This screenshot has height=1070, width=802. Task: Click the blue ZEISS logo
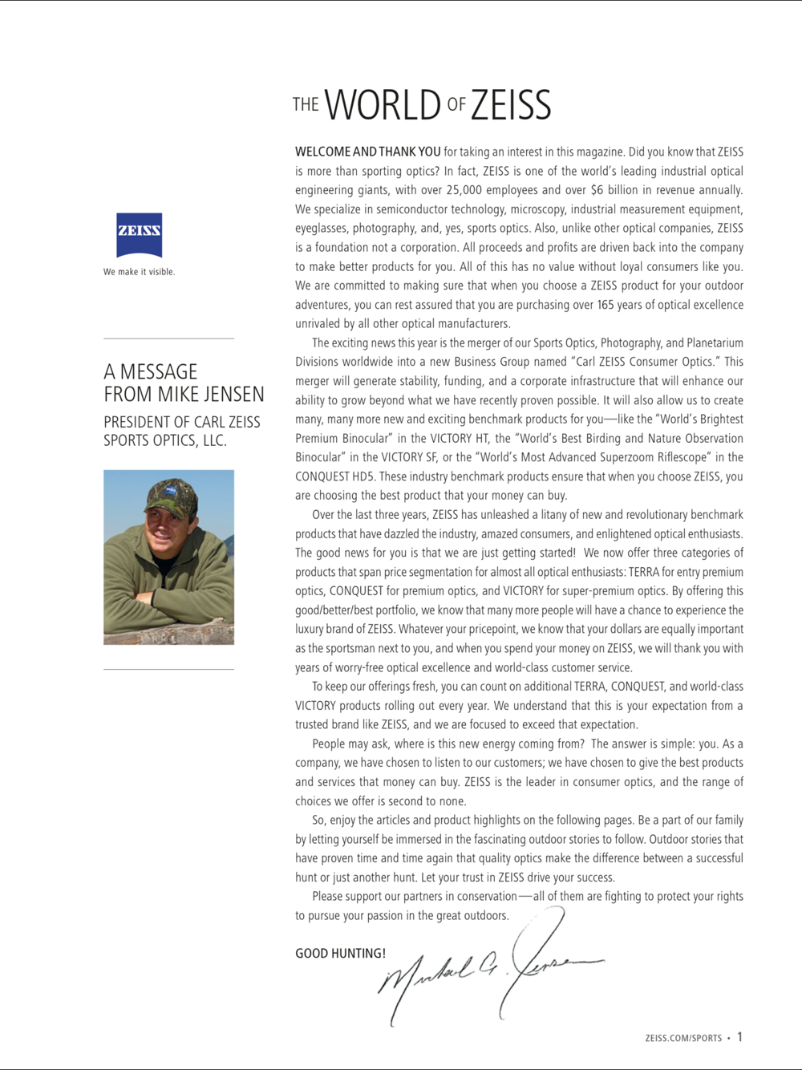tap(139, 235)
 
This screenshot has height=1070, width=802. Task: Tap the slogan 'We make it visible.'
tap(139, 272)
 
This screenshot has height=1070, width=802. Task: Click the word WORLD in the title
tap(383, 106)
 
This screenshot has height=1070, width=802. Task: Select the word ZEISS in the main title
tap(511, 106)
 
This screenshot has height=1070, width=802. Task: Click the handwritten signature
tap(489, 967)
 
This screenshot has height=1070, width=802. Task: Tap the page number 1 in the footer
tap(739, 1037)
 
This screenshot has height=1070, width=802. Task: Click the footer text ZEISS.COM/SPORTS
tap(683, 1038)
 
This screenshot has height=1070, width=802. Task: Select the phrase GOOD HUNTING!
tap(340, 954)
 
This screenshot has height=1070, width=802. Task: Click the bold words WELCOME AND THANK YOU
tap(367, 152)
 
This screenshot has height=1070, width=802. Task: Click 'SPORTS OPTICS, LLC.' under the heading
tap(165, 440)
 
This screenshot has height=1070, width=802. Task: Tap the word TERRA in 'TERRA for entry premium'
tap(643, 572)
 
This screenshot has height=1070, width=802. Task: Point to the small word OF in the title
tap(456, 105)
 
